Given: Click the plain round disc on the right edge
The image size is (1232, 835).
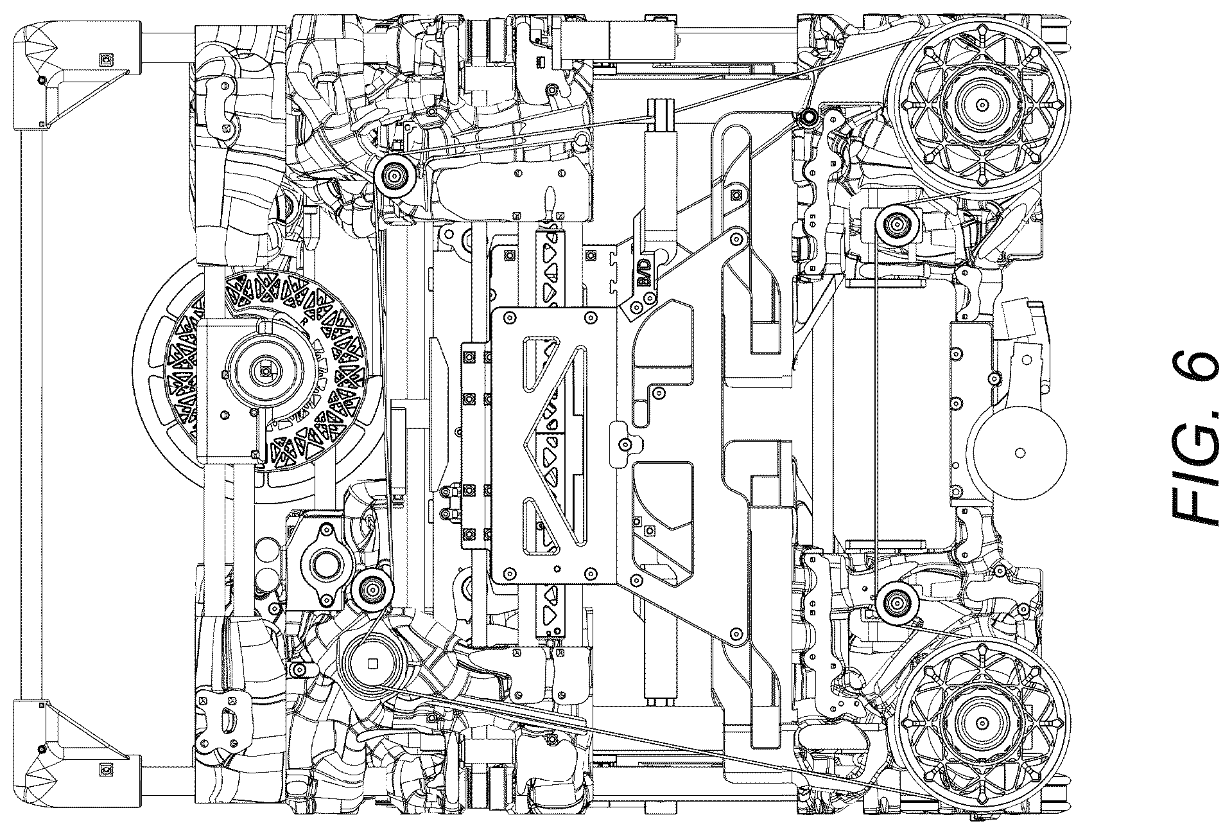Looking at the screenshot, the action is [1019, 453].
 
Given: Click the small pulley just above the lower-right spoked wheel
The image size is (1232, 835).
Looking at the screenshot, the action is [894, 602].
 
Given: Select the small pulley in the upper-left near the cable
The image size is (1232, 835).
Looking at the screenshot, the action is [393, 173].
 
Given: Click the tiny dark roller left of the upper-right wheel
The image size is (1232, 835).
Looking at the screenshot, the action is [807, 116].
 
